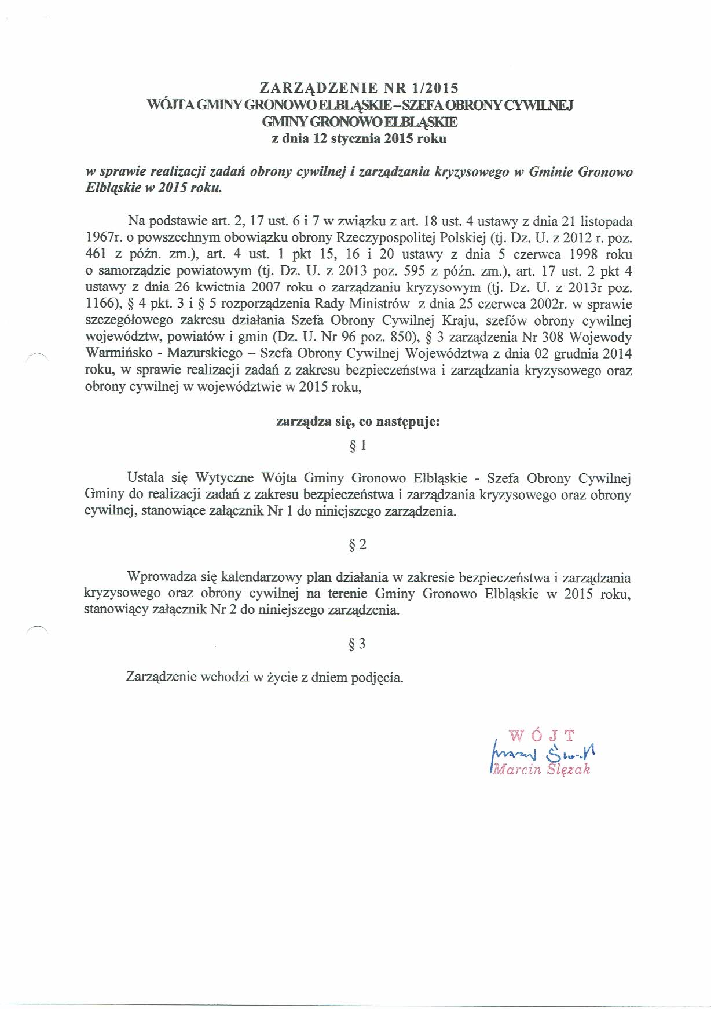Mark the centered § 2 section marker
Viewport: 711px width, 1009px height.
coord(358,544)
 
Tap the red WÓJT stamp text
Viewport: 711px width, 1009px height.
coord(543,736)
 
